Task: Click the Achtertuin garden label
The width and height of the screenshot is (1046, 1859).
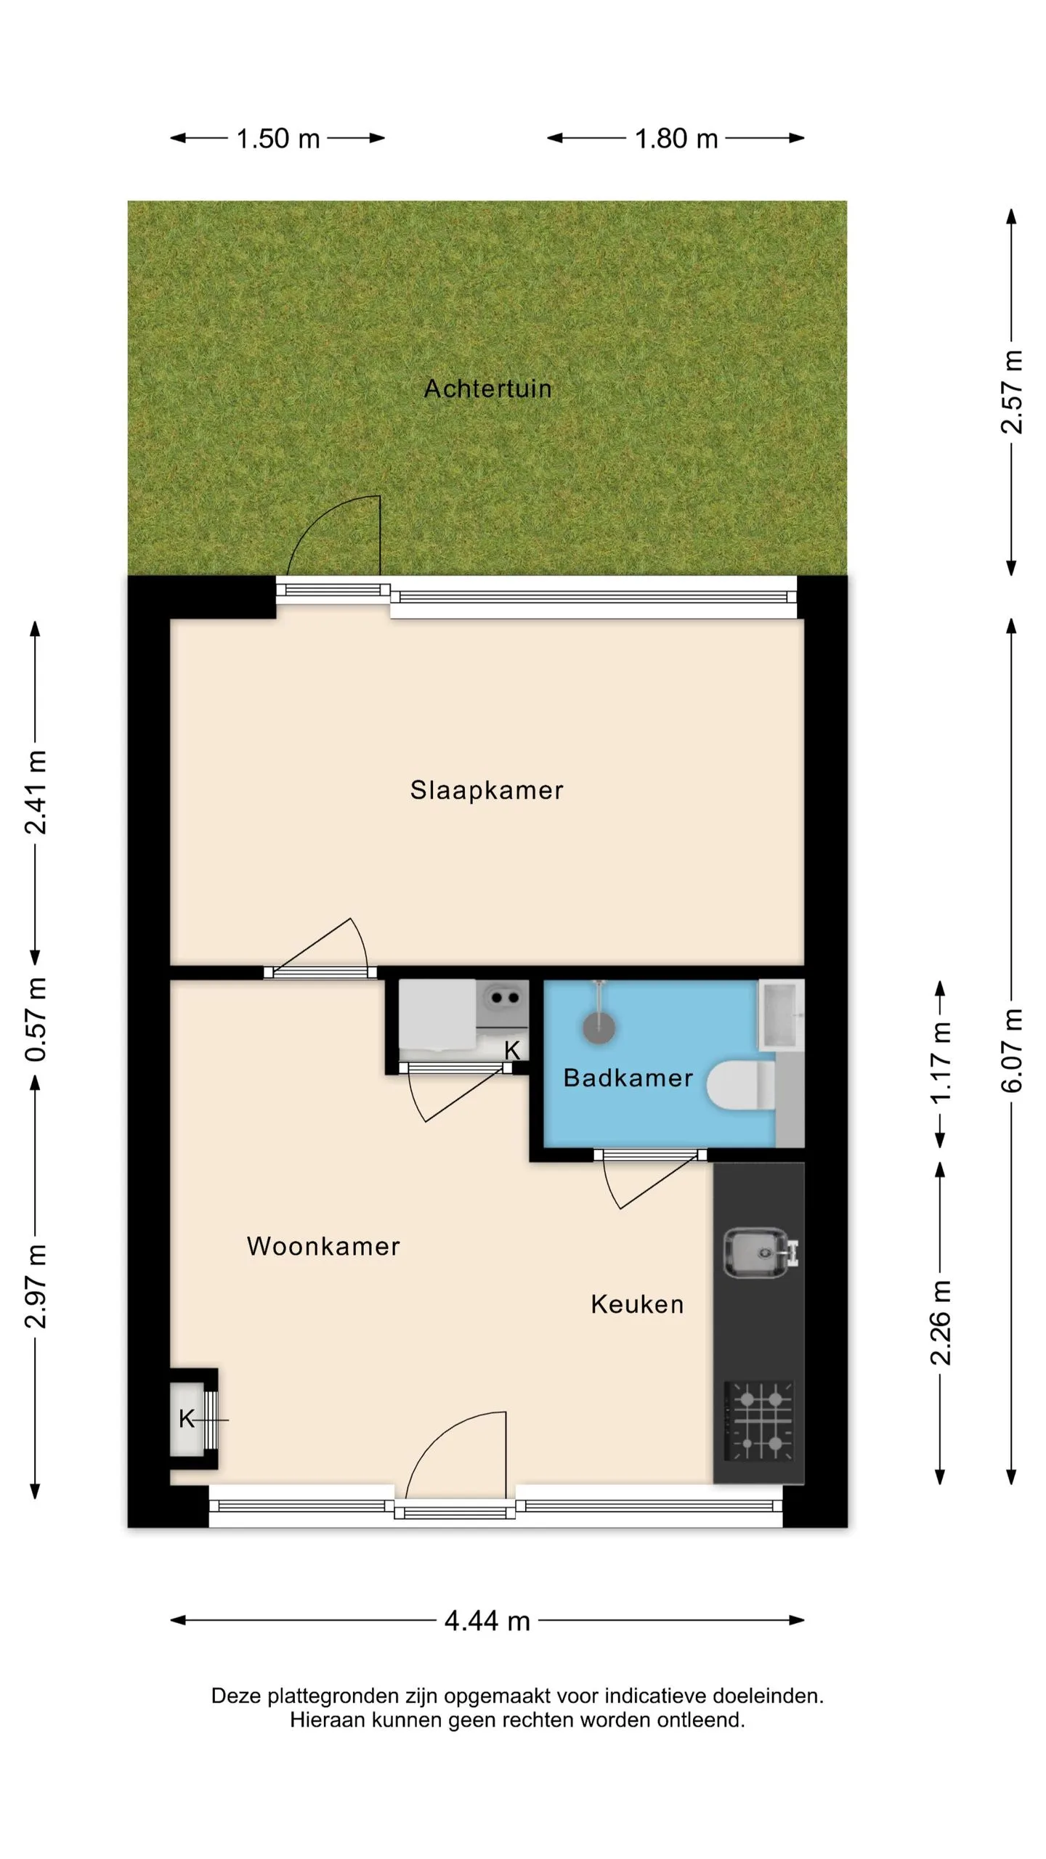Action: click(x=487, y=389)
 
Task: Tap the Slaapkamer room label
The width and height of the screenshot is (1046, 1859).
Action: click(x=487, y=790)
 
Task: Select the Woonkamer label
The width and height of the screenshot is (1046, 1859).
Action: click(x=323, y=1246)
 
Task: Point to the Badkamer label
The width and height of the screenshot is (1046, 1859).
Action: click(x=628, y=1078)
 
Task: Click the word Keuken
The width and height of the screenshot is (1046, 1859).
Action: click(x=637, y=1304)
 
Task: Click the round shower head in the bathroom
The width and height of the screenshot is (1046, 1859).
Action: click(x=599, y=1028)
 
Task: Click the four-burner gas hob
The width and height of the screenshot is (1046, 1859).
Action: click(x=760, y=1420)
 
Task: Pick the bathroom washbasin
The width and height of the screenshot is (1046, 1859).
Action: click(x=781, y=1014)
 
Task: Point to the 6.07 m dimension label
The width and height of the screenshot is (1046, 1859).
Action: click(x=1012, y=1050)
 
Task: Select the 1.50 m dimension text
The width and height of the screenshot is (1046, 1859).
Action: click(x=278, y=139)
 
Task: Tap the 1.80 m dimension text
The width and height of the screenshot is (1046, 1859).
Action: click(x=676, y=139)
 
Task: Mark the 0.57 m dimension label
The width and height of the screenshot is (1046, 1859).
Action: click(x=36, y=1018)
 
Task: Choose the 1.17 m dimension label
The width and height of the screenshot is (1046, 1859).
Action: click(x=941, y=1064)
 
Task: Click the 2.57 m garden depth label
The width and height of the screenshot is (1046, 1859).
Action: click(x=1012, y=392)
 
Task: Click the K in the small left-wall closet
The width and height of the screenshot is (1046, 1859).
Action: click(x=187, y=1419)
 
